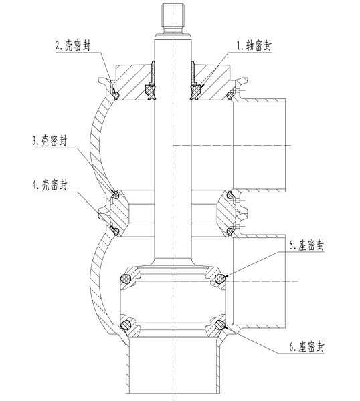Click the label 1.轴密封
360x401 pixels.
pyautogui.click(x=254, y=46)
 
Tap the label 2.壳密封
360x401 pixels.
pyautogui.click(x=73, y=45)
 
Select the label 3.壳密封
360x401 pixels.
pyautogui.click(x=50, y=140)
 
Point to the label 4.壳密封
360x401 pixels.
pyautogui.click(x=50, y=184)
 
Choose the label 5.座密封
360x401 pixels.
pyautogui.click(x=306, y=245)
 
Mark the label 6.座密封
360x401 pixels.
pyautogui.click(x=306, y=347)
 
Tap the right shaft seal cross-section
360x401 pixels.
pyautogui.click(x=195, y=92)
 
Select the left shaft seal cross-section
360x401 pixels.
pyautogui.click(x=151, y=92)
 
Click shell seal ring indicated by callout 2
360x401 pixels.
pyautogui.click(x=116, y=95)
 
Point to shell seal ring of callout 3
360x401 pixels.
pyautogui.click(x=116, y=195)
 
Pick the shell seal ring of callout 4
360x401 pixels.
pyautogui.click(x=116, y=231)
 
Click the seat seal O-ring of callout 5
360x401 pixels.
pyautogui.click(x=220, y=278)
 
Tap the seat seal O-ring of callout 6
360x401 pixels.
pyautogui.click(x=220, y=325)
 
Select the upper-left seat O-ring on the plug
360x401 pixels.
pyautogui.click(x=126, y=278)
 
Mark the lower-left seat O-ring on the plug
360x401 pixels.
pyautogui.click(x=126, y=325)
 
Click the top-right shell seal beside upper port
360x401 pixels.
pyautogui.click(x=230, y=95)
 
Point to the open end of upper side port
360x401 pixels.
pyautogui.click(x=285, y=145)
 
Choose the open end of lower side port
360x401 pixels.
pyautogui.click(x=285, y=281)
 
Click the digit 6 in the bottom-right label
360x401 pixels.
pyautogui.click(x=292, y=347)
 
